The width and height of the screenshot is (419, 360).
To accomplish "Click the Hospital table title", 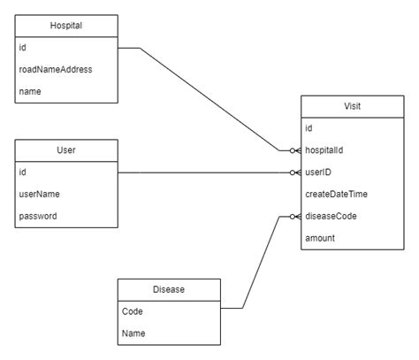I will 66,26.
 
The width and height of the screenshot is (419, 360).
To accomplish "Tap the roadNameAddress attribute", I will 55,69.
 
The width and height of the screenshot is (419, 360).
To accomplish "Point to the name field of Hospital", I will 32,90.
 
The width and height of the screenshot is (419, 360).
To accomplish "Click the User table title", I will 66,150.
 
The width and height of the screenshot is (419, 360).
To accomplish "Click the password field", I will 41,215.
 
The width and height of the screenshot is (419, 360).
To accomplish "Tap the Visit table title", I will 352,107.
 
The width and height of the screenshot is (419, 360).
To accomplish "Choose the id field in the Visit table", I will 309,128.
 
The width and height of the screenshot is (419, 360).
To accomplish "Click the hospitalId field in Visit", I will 328,150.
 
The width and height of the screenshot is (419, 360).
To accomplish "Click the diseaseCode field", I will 332,215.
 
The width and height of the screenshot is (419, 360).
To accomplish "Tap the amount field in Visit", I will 321,237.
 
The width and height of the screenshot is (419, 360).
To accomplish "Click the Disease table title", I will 169,289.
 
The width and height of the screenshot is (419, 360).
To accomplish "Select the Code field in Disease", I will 133,310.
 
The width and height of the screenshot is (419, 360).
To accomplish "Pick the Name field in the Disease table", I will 133,333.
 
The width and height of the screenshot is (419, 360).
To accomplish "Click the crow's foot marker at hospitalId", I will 294,150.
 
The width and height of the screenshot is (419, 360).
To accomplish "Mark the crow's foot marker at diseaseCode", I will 294,215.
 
